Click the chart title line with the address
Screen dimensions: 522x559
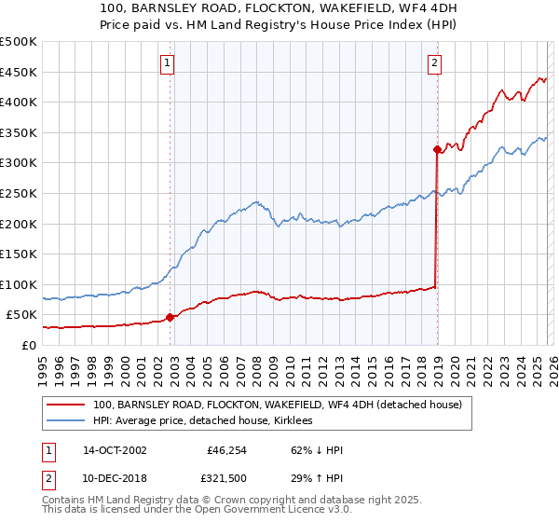coord(279,7)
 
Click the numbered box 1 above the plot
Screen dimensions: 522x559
coord(167,63)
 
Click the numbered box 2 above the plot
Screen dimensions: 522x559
coord(434,63)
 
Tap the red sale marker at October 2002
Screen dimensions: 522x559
coord(170,317)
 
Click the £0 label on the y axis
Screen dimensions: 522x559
coord(28,345)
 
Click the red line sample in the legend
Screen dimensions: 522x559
coord(66,405)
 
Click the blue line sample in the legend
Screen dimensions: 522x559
coord(66,421)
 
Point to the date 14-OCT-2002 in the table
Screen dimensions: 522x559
coord(115,449)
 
